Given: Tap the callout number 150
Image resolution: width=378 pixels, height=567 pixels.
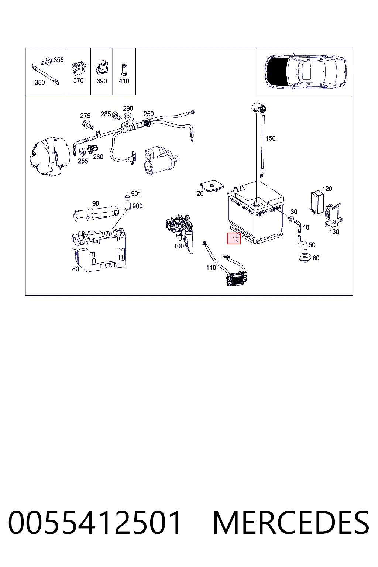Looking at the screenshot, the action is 271,138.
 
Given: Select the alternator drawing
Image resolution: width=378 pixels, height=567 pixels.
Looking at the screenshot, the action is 49,157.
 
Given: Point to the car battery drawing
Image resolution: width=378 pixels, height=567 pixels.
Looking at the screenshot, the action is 255,212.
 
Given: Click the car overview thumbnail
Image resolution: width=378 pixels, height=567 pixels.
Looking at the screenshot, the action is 305,72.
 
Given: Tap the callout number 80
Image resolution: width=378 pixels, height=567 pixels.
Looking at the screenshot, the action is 75,269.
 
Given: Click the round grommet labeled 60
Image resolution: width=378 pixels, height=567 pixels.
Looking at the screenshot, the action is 305,257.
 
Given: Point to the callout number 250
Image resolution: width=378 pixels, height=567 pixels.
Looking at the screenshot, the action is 149,114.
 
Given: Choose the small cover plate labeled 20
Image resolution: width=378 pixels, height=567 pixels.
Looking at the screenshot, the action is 212,186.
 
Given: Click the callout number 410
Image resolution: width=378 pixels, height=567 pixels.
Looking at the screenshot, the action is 124,81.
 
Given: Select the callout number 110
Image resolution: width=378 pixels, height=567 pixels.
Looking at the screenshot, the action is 211,268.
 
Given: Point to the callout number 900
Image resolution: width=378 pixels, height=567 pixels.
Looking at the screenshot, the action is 137,206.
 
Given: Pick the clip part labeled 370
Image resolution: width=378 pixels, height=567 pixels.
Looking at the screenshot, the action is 79,69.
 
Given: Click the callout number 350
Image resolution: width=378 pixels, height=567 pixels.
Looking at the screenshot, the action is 40,83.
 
